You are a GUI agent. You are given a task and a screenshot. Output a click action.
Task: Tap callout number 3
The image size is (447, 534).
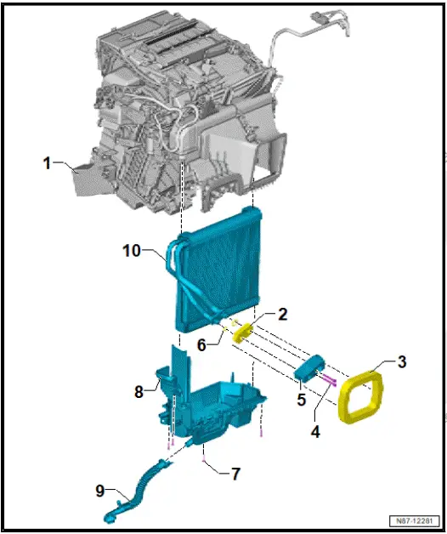click(x=402, y=361)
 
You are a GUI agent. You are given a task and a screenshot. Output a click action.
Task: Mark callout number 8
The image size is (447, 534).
click(x=139, y=393)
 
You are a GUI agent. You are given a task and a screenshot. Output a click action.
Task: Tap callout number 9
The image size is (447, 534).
click(x=101, y=490)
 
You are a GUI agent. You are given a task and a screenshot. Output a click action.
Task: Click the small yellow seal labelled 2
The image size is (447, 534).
click(x=244, y=330)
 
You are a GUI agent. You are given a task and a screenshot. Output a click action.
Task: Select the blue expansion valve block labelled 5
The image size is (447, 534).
click(x=310, y=367)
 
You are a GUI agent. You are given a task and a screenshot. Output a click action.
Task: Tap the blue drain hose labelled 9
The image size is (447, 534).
click(x=136, y=489)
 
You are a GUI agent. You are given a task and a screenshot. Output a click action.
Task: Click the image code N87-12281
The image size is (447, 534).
click(x=415, y=520)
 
